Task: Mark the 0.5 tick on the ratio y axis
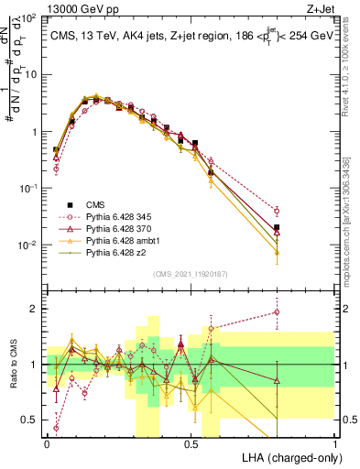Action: [x=31, y=420]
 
